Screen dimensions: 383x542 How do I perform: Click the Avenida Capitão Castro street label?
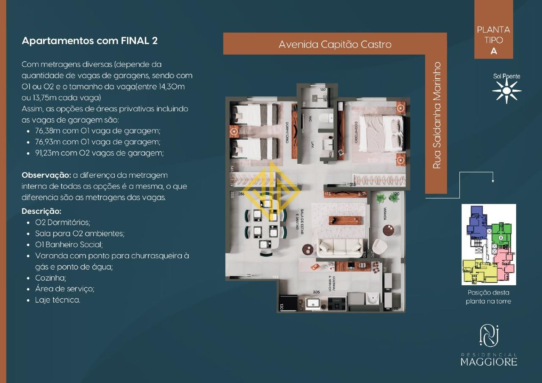(335, 44)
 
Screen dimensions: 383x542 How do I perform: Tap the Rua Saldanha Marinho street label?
(437, 115)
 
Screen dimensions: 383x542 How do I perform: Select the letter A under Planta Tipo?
(493, 51)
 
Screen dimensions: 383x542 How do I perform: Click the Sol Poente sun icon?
(506, 91)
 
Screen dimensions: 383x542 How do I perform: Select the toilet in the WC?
(325, 119)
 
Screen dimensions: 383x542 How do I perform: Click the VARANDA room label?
(384, 213)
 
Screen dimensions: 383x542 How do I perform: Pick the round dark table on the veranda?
(389, 230)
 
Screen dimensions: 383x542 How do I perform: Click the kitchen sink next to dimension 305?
(313, 303)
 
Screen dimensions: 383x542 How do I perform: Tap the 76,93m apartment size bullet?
(98, 142)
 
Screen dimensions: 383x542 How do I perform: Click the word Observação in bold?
(46, 175)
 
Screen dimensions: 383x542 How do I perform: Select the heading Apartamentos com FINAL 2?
(89, 41)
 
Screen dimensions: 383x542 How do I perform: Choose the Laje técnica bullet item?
(58, 300)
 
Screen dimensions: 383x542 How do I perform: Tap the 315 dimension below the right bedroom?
(352, 185)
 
